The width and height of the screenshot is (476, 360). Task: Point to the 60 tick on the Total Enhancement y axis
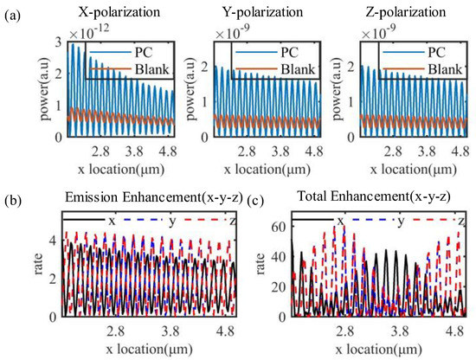pyautogui.click(x=281, y=226)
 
